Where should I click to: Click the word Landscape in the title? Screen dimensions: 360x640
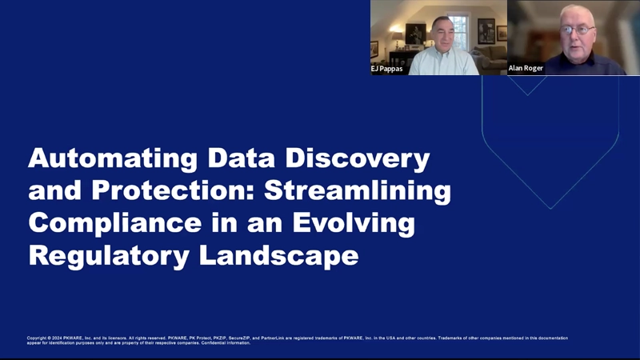pyautogui.click(x=277, y=257)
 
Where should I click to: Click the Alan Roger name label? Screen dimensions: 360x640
pyautogui.click(x=526, y=69)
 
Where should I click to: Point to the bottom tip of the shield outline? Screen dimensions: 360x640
pyautogui.click(x=550, y=208)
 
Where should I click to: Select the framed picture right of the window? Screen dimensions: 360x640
pyautogui.click(x=486, y=31)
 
